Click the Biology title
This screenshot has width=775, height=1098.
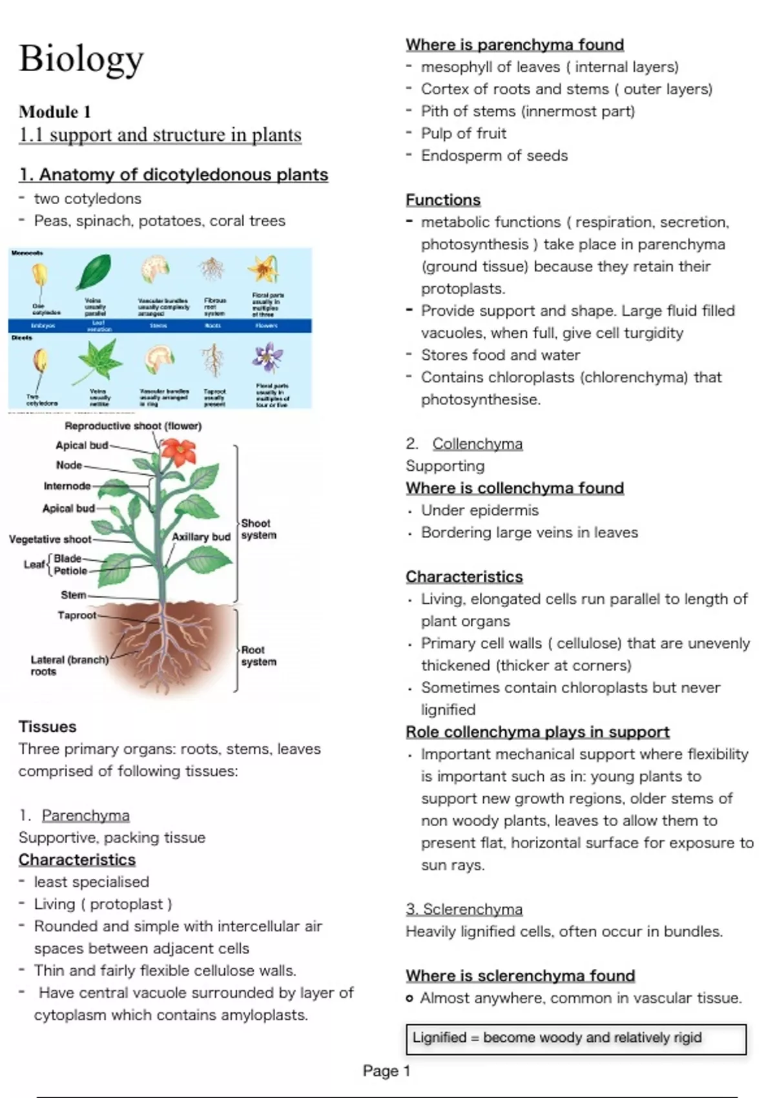(81, 59)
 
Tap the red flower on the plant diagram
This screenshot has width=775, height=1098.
(178, 451)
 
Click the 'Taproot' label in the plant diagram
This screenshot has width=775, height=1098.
(77, 616)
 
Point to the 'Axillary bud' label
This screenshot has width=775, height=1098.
(201, 537)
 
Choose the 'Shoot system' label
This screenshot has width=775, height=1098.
(258, 529)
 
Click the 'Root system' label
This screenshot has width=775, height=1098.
(258, 656)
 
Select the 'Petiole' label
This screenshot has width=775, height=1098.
(70, 571)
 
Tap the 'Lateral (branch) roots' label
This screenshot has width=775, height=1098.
(69, 665)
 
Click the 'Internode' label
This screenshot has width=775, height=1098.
(67, 486)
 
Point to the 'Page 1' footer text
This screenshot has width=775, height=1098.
(386, 1071)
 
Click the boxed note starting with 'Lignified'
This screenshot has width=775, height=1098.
(575, 1038)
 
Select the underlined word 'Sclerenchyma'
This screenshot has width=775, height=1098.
(472, 909)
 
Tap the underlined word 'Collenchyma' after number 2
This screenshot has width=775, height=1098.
(477, 444)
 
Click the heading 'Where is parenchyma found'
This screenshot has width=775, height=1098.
(515, 45)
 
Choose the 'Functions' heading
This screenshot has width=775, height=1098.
(443, 200)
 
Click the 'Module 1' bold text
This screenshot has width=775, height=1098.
(55, 112)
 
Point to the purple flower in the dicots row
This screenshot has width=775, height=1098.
(268, 357)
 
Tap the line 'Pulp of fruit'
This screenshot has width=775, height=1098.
(464, 133)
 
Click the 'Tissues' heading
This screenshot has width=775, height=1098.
(48, 727)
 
